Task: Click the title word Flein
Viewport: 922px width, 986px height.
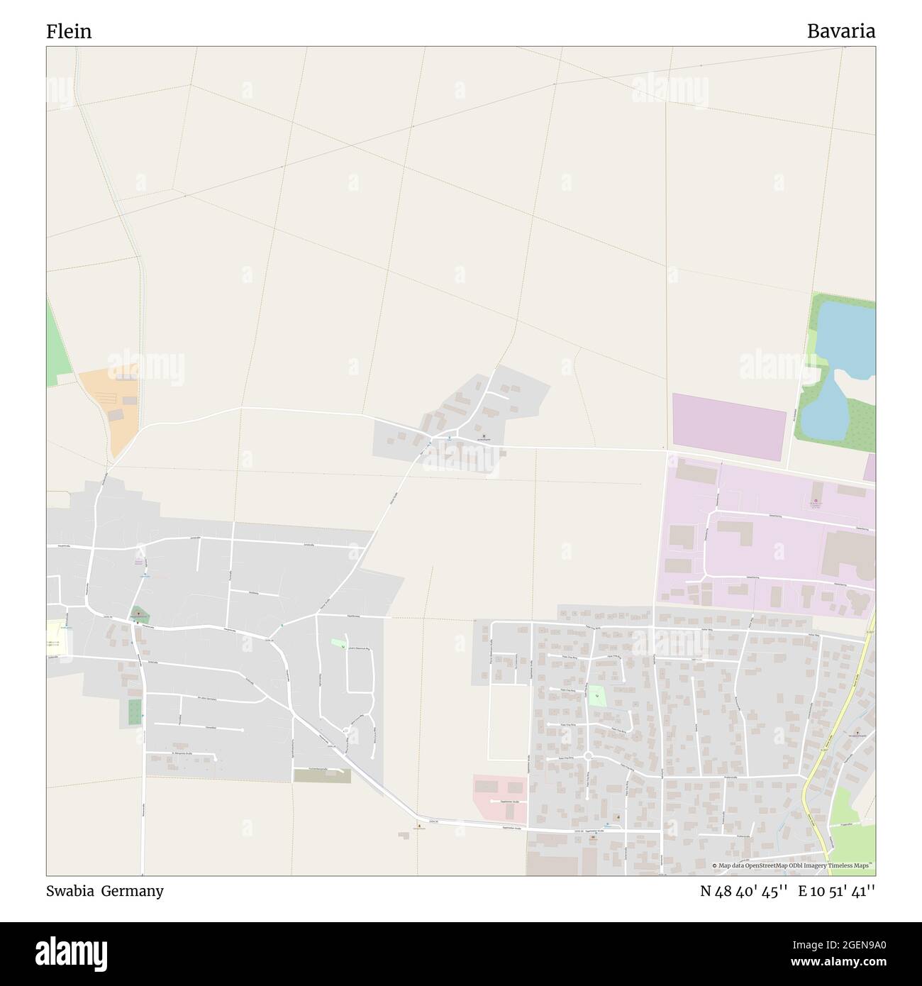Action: pyautogui.click(x=69, y=31)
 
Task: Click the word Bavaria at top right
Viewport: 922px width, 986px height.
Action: pyautogui.click(x=840, y=31)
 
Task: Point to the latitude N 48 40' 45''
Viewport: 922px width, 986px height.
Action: pyautogui.click(x=744, y=892)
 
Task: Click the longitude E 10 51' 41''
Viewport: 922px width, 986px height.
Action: pyautogui.click(x=837, y=892)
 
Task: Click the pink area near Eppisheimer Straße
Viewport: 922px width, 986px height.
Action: pyautogui.click(x=499, y=793)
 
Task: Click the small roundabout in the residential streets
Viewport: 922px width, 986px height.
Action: pyautogui.click(x=588, y=756)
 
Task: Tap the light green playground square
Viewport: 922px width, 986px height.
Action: pyautogui.click(x=597, y=696)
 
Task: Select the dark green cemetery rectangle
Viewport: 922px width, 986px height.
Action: pyautogui.click(x=135, y=711)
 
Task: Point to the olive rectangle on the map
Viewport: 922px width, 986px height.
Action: pyautogui.click(x=322, y=775)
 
